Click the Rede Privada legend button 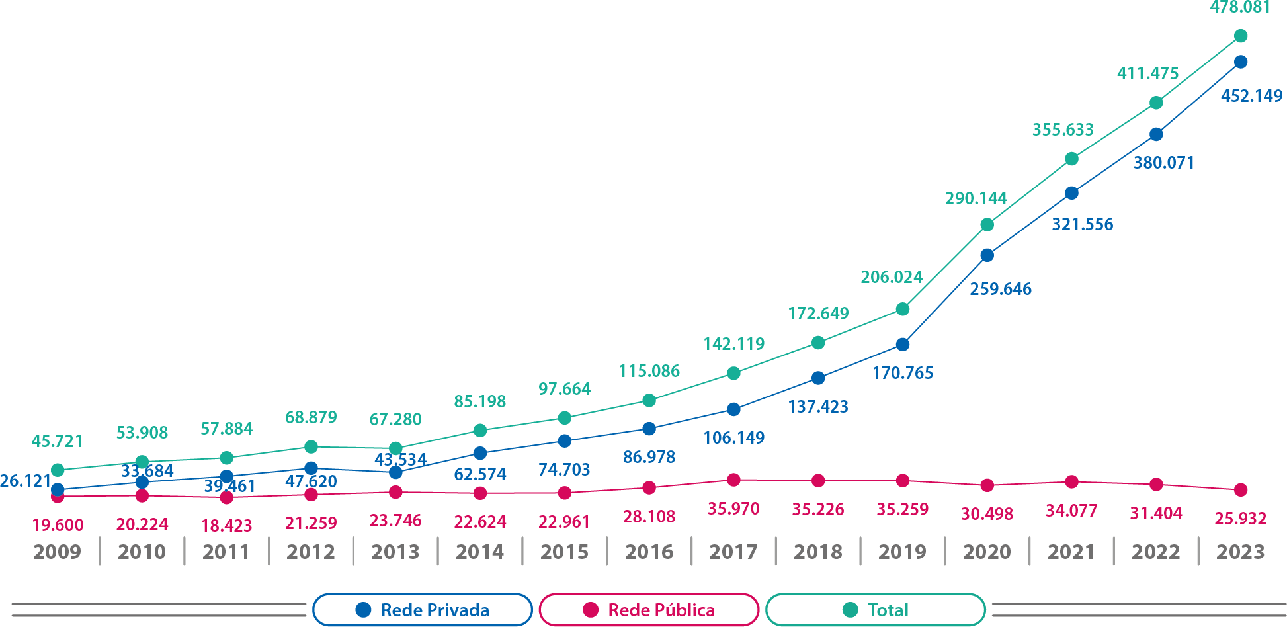click(423, 610)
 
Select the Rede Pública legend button click(649, 610)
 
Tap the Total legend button click(876, 610)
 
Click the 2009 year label click(57, 552)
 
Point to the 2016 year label click(649, 552)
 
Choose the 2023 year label click(1240, 552)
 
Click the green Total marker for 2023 click(1241, 36)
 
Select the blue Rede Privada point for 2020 click(987, 255)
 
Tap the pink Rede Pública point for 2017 click(733, 480)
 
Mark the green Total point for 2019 click(903, 309)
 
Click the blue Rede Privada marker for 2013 click(395, 472)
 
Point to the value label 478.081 click(1240, 7)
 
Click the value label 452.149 click(1251, 96)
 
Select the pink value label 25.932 click(1240, 519)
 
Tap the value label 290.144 click(976, 198)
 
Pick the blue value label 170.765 click(902, 373)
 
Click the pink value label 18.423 click(226, 526)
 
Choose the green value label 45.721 click(58, 441)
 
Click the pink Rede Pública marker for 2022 click(1156, 485)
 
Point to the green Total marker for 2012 click(311, 446)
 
